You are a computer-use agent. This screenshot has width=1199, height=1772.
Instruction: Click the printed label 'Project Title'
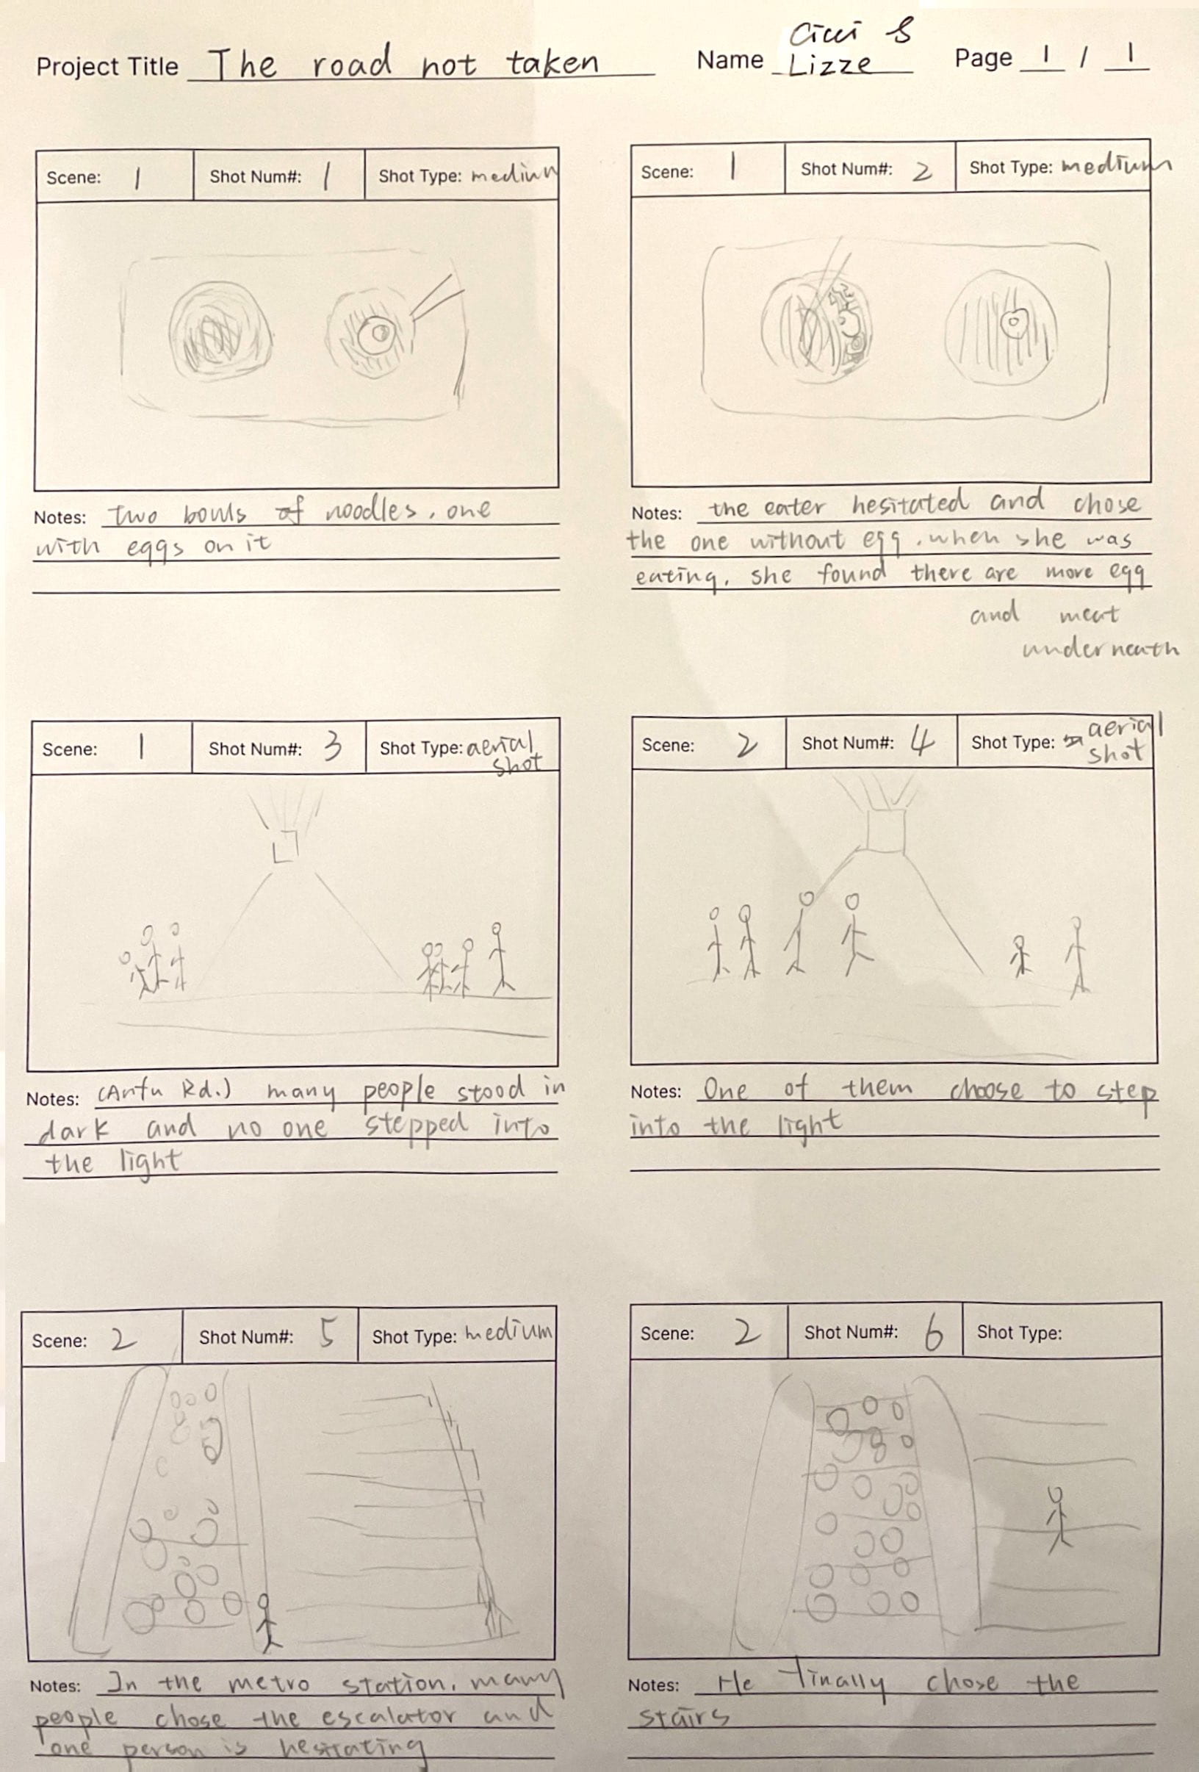point(107,67)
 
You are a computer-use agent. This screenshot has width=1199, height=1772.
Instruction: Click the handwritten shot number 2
point(922,172)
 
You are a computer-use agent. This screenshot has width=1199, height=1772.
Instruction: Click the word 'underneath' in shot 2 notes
point(1100,649)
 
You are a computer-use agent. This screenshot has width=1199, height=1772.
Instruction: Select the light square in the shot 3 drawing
point(286,844)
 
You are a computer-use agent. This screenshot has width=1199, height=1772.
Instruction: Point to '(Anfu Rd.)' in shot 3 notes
point(164,1092)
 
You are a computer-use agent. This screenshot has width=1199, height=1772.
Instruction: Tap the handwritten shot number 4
point(921,742)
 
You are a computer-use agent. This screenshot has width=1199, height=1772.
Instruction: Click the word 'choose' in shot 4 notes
point(986,1090)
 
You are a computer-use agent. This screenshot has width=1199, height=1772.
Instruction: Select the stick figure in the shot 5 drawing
point(265,1620)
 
